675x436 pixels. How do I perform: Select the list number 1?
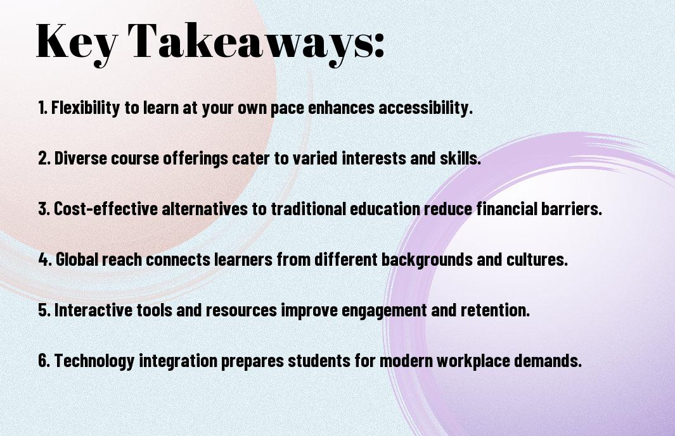[42, 108]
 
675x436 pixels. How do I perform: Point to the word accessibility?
[425, 108]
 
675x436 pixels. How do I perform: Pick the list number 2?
[44, 158]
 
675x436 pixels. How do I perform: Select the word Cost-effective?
[106, 209]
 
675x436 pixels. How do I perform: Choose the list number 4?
[44, 259]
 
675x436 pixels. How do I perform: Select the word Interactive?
[93, 310]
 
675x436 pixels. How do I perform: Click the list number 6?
[44, 360]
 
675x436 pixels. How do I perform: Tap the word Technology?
[94, 360]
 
